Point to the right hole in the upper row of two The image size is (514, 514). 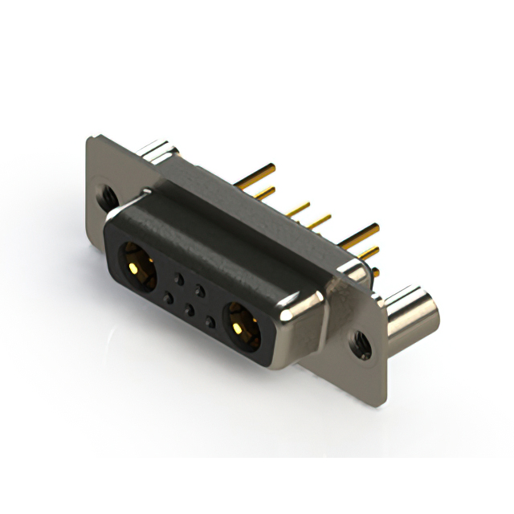(199, 290)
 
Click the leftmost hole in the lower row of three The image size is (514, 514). (167, 297)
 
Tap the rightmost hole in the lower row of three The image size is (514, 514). (210, 321)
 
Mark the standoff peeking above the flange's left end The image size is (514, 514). (155, 149)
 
